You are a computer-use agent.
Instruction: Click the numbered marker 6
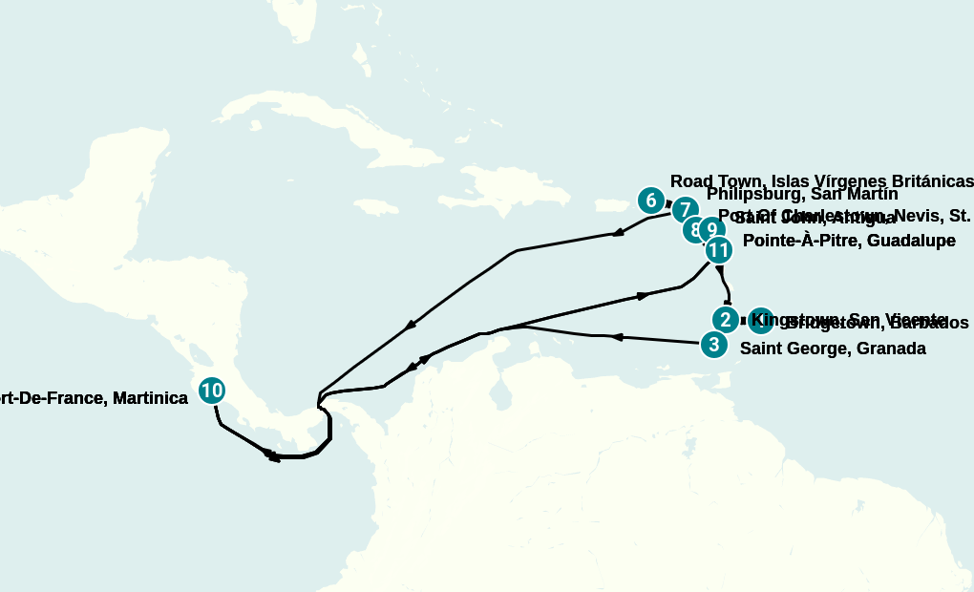tap(650, 201)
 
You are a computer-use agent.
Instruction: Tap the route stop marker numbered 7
tap(685, 210)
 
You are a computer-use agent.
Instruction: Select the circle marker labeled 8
tap(695, 230)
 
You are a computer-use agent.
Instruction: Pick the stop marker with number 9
tap(711, 230)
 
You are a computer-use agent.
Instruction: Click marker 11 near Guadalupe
tap(718, 251)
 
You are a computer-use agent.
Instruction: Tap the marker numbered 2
tap(726, 319)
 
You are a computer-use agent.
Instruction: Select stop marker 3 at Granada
tap(712, 345)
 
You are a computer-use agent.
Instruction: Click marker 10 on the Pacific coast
tap(212, 391)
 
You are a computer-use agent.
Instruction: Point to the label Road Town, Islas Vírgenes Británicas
tap(821, 181)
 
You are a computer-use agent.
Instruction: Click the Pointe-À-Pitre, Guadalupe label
tap(849, 241)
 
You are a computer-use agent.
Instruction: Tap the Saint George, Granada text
tap(833, 349)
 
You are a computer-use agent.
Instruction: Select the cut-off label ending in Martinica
tap(94, 398)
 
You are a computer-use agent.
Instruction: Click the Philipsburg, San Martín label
tap(802, 195)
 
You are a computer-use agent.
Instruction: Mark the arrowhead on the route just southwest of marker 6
tap(619, 232)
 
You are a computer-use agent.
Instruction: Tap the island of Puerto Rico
tap(610, 204)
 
